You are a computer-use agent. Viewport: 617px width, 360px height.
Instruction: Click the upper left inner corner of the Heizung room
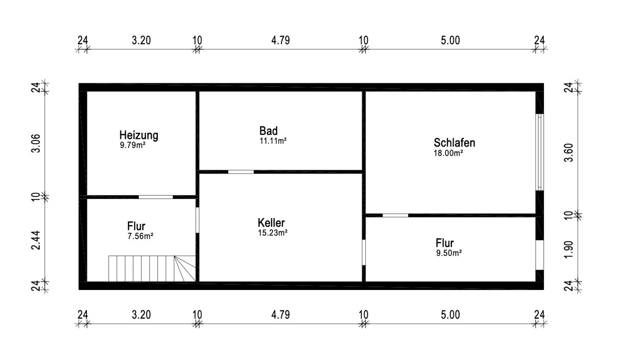coord(87,92)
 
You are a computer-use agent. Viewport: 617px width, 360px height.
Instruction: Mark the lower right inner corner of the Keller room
coord(362,281)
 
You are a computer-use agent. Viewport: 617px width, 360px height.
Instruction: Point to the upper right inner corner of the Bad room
coord(362,92)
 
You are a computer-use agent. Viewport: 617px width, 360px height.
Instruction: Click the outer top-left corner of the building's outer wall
coord(79,83)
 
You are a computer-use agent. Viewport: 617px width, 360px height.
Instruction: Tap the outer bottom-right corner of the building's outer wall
coord(544,290)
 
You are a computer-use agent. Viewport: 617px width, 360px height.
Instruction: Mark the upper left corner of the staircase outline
coord(109,256)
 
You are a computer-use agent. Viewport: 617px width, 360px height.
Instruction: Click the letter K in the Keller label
coord(261,223)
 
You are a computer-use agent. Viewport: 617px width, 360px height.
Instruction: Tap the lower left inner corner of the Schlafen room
coord(366,213)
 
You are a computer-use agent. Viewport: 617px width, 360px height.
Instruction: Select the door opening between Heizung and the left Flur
coord(156,197)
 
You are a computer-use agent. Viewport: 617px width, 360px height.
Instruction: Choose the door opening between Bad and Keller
coord(241,172)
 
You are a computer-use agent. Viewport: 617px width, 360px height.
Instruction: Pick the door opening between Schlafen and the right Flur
coord(395,215)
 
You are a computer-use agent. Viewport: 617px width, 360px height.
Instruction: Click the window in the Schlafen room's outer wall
coord(539,152)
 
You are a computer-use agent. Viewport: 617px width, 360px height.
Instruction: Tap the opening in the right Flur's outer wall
coord(539,255)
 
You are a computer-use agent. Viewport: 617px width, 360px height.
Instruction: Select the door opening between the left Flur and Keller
coord(197,220)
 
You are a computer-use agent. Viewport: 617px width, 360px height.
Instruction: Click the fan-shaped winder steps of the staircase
coord(185,268)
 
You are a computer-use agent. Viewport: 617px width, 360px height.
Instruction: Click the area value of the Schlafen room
coord(448,153)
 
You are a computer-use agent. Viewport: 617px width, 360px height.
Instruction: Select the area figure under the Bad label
coord(273,141)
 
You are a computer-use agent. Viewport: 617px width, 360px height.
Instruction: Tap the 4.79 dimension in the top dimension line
coord(280,41)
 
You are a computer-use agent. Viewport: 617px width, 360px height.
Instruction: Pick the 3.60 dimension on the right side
coord(569,152)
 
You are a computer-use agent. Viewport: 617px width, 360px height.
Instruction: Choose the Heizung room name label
coord(139,135)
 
